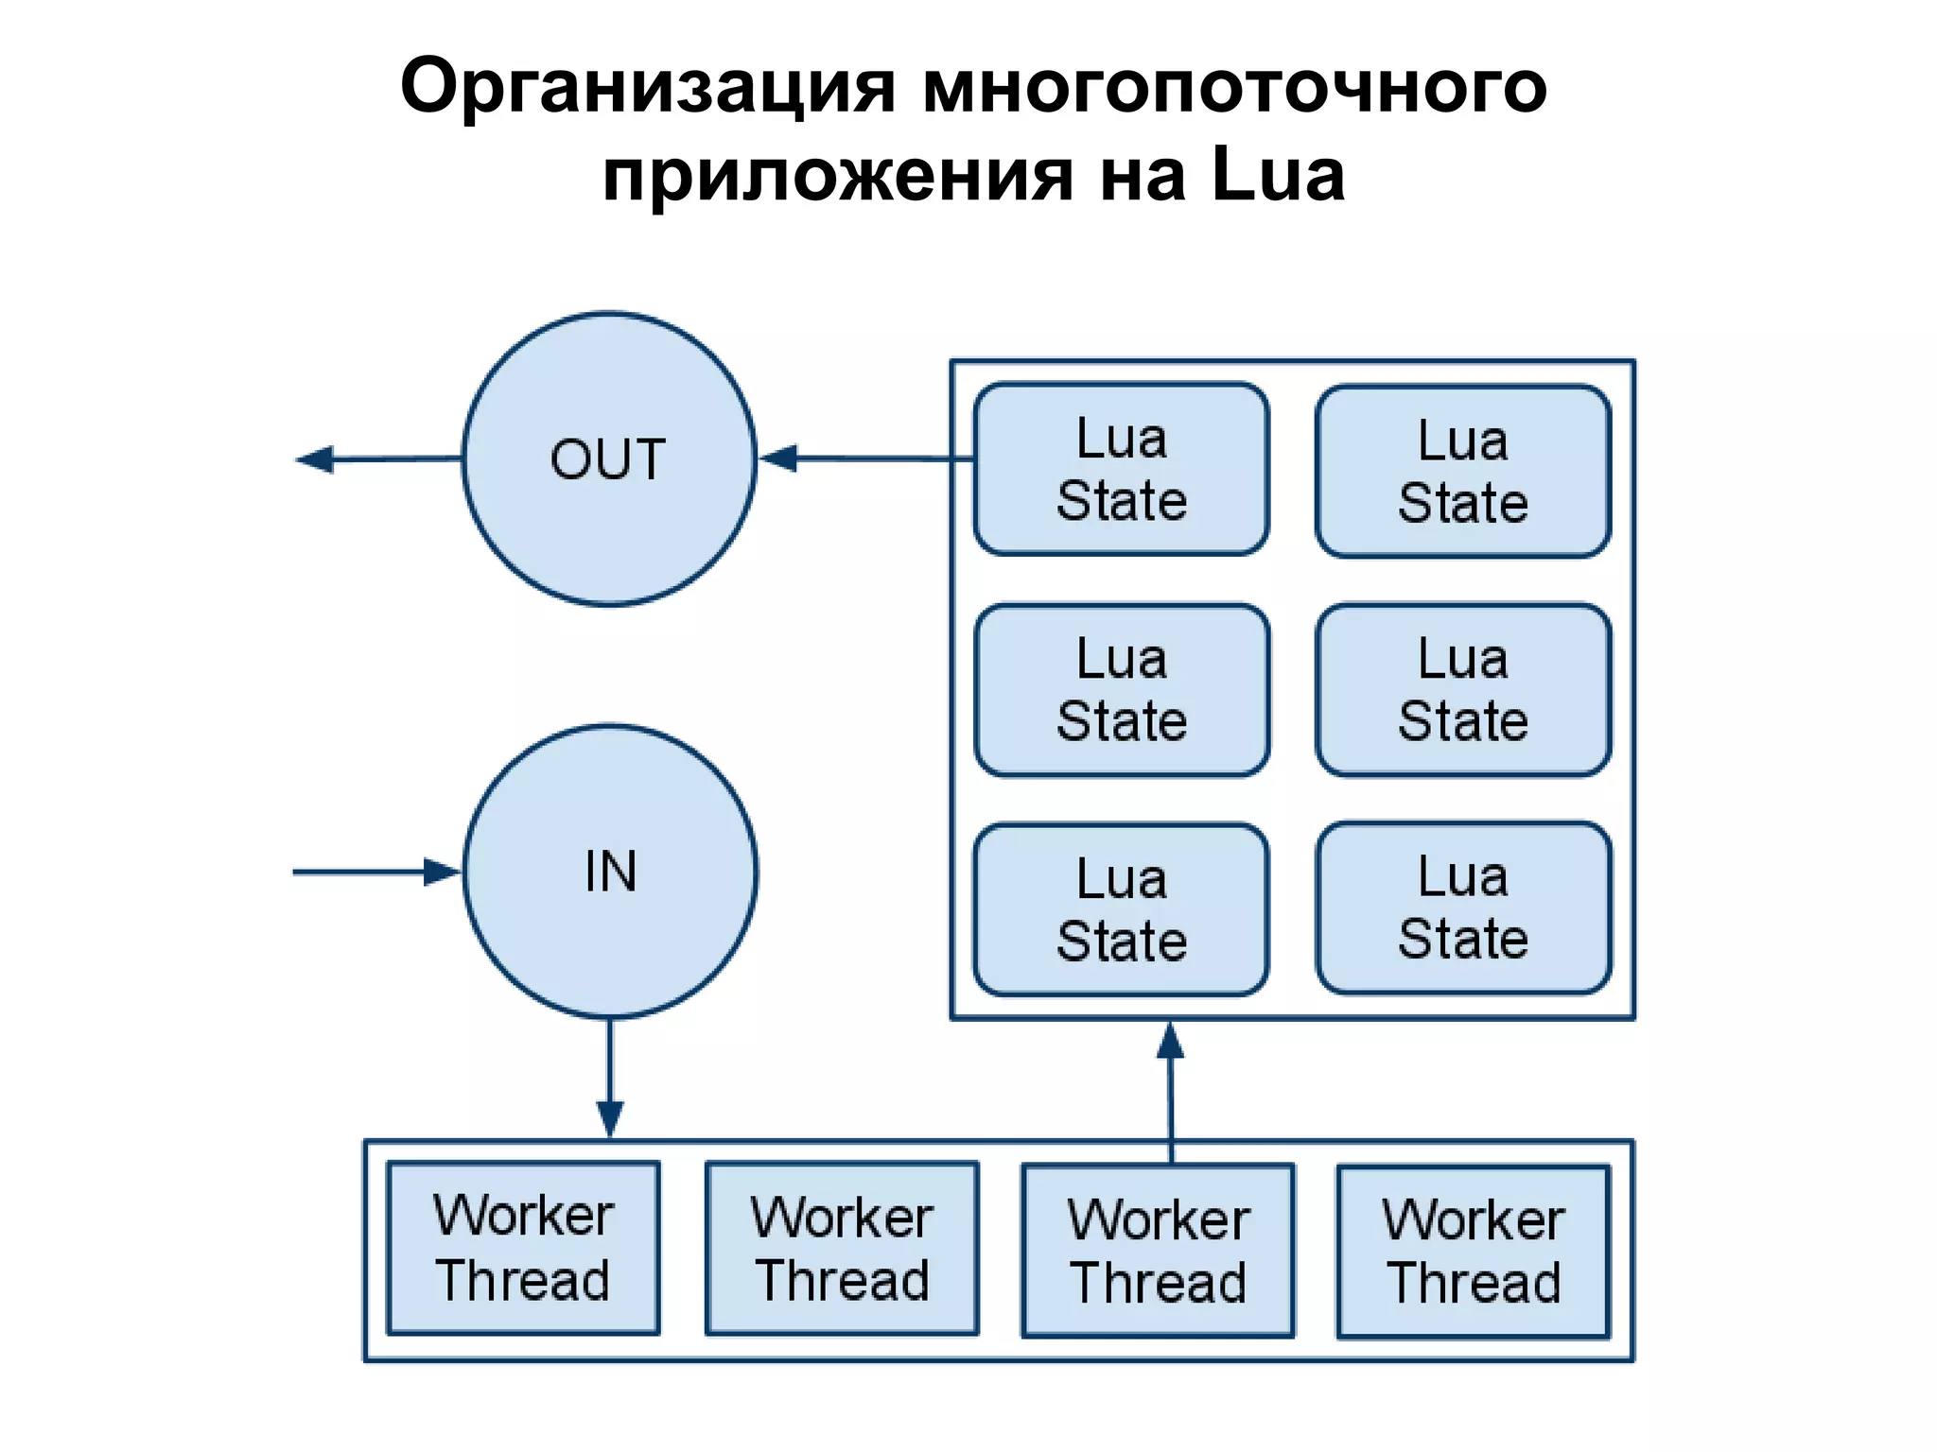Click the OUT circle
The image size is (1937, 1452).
click(x=609, y=459)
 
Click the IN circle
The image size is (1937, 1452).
click(x=610, y=872)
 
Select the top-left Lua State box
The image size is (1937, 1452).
click(x=1121, y=469)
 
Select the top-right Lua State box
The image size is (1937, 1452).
click(x=1462, y=471)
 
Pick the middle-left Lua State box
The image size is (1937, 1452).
click(x=1121, y=690)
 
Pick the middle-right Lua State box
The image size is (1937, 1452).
click(x=1462, y=690)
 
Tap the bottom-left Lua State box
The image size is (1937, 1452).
click(x=1121, y=909)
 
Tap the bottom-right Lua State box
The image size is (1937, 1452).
click(x=1462, y=907)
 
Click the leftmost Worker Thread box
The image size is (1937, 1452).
click(x=523, y=1248)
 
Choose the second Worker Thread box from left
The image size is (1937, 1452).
click(x=842, y=1248)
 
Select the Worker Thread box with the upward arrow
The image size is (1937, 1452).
click(x=1158, y=1250)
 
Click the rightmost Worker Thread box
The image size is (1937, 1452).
click(x=1473, y=1251)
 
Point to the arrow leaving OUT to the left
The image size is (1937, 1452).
click(x=378, y=459)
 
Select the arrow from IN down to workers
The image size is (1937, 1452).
click(x=610, y=1078)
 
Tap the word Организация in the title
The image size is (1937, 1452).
click(x=647, y=87)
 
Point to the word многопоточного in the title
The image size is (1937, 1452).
click(x=1234, y=87)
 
